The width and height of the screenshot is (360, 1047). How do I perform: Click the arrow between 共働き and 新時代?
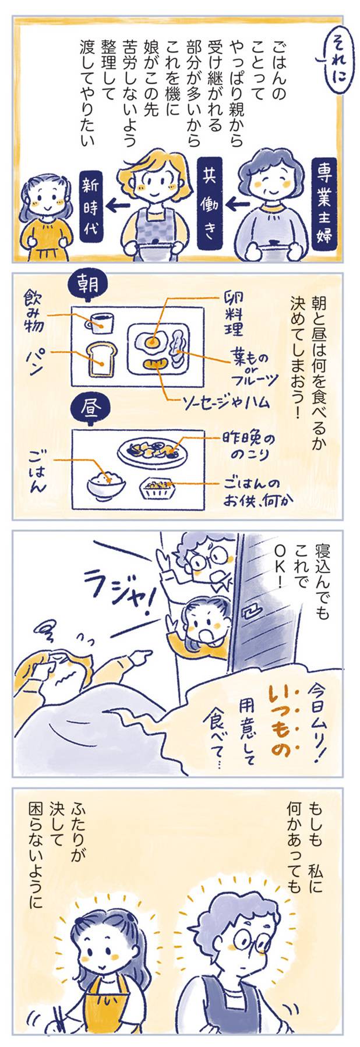tap(118, 204)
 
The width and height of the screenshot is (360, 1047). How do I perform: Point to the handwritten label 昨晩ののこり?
tap(245, 444)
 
